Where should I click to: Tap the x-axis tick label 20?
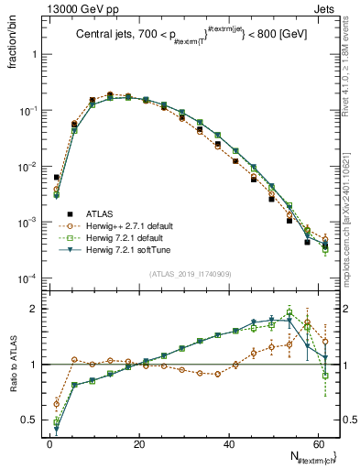[139, 443]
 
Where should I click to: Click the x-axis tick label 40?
[229, 443]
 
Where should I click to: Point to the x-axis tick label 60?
[318, 443]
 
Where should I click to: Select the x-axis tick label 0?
[49, 443]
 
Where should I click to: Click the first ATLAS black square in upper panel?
[57, 178]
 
